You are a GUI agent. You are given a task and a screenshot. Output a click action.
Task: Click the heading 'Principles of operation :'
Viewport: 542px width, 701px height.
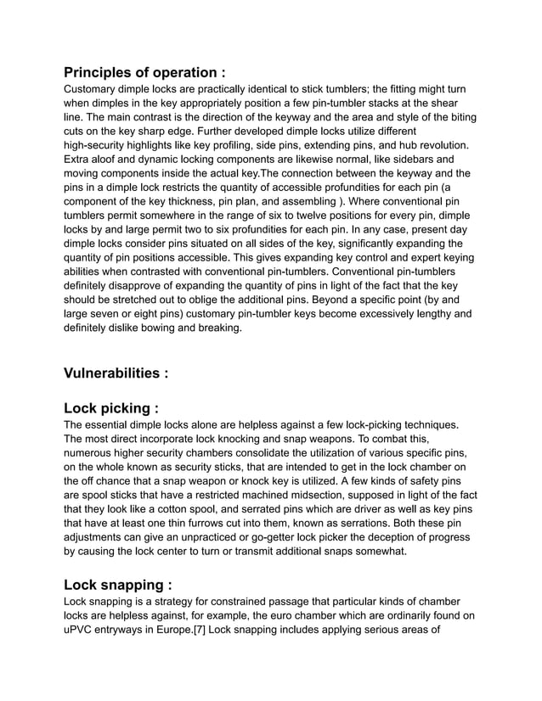point(144,72)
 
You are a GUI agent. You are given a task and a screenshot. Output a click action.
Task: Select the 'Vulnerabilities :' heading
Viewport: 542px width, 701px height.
point(116,373)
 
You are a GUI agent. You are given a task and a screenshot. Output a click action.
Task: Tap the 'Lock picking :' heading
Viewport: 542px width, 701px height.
point(111,407)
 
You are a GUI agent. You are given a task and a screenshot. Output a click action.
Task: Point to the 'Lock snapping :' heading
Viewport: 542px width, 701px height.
point(118,585)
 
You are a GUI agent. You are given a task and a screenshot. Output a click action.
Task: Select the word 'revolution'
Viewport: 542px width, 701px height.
point(437,145)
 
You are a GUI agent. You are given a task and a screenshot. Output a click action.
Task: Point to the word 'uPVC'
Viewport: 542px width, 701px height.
point(82,630)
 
